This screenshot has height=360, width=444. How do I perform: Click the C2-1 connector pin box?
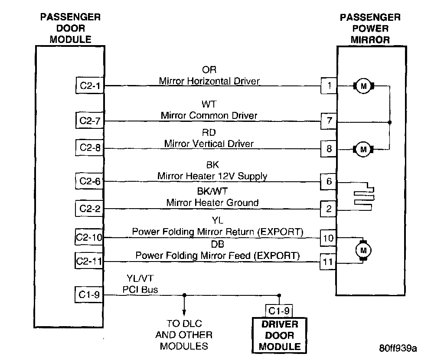point(90,85)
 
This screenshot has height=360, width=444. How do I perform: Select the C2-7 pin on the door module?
point(89,121)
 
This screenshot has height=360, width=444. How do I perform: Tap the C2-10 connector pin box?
point(88,237)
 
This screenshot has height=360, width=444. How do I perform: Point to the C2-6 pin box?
point(89,181)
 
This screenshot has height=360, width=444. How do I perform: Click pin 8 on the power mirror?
point(329,148)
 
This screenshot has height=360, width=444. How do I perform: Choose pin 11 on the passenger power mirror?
point(328,262)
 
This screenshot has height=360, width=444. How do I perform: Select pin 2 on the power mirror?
point(329,209)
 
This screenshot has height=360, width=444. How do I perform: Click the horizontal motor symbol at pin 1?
point(364,86)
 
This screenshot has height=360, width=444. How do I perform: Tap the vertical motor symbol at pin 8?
point(363,149)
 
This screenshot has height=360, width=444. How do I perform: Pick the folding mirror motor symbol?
point(363,250)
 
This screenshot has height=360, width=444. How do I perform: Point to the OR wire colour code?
point(209,70)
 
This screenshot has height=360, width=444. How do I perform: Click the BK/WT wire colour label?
point(212,191)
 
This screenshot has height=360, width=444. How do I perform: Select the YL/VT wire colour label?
point(140,278)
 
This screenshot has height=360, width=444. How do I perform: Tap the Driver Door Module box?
point(280,336)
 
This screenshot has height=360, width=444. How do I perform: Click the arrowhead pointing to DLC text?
point(184,313)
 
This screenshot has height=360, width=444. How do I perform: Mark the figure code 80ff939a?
point(398,348)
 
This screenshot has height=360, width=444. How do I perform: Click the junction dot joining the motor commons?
point(390,122)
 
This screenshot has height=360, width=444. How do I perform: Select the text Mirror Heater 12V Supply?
point(212,176)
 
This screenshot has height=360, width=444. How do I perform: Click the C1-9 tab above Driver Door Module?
point(279,311)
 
